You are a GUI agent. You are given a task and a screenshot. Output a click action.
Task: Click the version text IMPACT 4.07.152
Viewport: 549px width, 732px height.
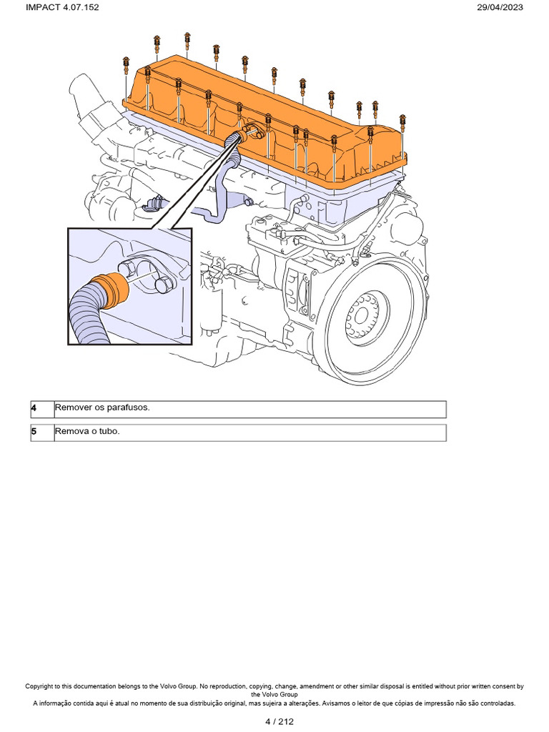point(62,7)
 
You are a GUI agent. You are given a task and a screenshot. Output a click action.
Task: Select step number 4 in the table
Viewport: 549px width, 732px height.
point(34,408)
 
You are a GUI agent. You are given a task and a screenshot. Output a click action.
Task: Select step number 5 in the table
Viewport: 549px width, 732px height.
point(34,432)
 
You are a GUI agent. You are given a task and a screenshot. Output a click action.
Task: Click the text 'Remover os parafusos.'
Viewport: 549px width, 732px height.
point(102,408)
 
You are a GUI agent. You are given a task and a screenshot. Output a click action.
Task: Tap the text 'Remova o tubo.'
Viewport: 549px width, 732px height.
point(88,432)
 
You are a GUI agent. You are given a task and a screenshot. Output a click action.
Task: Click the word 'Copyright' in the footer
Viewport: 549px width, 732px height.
point(42,686)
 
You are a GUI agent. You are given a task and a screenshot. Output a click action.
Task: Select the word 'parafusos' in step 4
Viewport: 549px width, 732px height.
point(129,408)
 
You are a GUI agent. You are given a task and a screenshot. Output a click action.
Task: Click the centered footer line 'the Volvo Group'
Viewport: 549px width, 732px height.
point(274,695)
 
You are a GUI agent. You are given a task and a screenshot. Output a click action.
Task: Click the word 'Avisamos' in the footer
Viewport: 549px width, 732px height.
point(329,703)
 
